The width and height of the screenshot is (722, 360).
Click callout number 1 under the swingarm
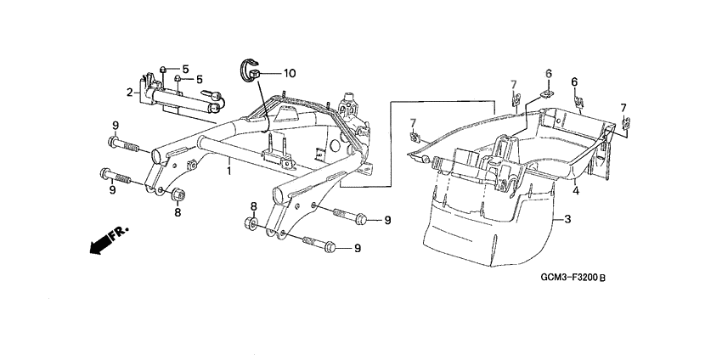tap(228, 171)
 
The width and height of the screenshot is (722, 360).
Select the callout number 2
tap(131, 91)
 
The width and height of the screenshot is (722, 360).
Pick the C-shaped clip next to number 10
tap(251, 70)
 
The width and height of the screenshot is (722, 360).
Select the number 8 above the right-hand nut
tap(252, 206)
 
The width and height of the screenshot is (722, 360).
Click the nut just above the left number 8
tap(177, 196)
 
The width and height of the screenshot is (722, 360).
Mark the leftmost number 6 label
tap(548, 73)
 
